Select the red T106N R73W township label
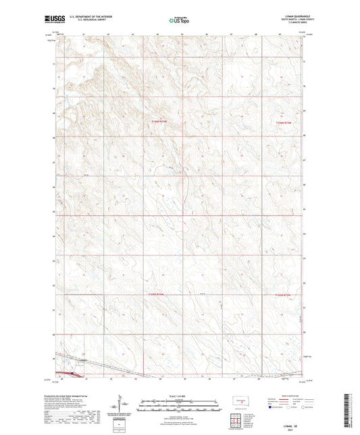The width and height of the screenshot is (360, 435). (x=286, y=122)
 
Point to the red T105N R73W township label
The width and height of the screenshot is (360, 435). (x=286, y=295)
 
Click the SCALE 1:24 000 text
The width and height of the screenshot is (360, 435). (x=179, y=395)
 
